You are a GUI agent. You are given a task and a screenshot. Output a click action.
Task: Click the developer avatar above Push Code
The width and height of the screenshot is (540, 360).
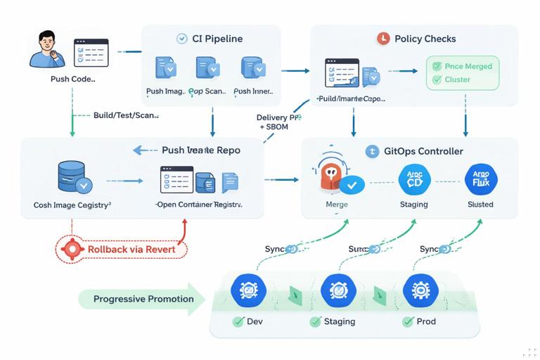(x=46, y=49)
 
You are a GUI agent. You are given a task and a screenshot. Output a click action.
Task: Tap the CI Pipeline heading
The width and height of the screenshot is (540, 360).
(x=217, y=39)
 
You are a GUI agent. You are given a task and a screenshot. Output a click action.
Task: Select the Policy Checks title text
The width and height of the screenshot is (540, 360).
(x=425, y=39)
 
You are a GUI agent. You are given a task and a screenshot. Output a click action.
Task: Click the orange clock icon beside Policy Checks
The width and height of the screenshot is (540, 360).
(x=383, y=39)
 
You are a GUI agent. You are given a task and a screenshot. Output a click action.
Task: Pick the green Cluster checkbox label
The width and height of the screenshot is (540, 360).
(x=457, y=79)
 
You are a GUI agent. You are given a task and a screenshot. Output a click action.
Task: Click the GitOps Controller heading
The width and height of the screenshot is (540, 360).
(x=423, y=151)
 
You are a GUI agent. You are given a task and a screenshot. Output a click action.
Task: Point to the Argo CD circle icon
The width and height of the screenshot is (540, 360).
(x=413, y=180)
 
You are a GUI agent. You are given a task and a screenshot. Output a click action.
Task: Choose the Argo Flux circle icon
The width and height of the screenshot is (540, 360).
(x=481, y=180)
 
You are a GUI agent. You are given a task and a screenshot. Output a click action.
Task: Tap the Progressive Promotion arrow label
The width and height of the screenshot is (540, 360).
(x=143, y=299)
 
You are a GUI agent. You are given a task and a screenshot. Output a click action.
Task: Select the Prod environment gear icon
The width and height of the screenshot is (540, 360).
(x=420, y=289)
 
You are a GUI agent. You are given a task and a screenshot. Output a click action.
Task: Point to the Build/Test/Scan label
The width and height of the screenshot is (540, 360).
(x=126, y=115)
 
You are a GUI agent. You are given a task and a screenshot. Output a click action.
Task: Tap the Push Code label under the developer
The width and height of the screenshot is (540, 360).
(x=72, y=79)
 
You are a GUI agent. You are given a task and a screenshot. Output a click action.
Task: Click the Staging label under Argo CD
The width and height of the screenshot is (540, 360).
(x=413, y=205)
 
